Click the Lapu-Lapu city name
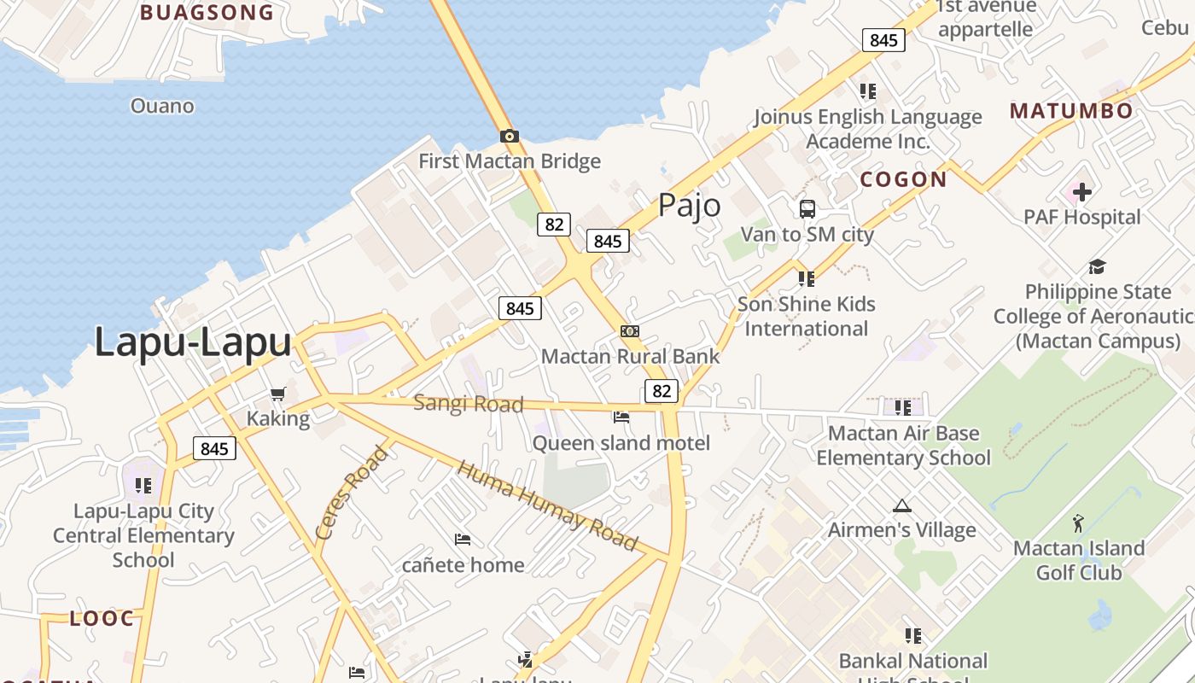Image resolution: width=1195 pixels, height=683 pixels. tap(193, 342)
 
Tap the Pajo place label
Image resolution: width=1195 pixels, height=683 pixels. tap(689, 206)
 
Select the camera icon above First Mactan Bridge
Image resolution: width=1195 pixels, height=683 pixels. tap(510, 136)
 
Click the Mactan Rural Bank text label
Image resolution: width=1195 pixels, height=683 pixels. tap(630, 357)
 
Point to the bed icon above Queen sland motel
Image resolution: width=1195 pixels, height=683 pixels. tap(621, 417)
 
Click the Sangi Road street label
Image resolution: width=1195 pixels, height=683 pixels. tap(468, 403)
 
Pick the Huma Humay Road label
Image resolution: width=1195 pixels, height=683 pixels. tap(547, 505)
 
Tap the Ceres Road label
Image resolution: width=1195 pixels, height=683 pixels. tap(351, 493)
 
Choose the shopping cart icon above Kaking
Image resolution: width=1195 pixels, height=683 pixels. tap(277, 394)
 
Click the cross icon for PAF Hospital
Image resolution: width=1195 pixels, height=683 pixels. tap(1082, 192)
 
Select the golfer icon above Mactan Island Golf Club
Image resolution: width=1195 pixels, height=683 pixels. tap(1079, 522)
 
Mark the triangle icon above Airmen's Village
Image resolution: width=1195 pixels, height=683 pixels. tap(902, 506)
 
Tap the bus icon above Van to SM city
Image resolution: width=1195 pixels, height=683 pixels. tap(807, 208)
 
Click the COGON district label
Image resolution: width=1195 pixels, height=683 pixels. tap(903, 179)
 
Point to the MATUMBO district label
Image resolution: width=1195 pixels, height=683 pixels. tap(1071, 111)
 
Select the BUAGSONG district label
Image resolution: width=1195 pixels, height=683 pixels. tap(207, 13)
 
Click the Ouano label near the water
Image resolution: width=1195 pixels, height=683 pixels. tap(162, 106)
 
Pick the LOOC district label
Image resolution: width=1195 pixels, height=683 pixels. tap(102, 618)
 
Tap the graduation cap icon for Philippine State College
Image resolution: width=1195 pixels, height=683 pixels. tap(1097, 267)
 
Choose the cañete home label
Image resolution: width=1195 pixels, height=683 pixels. tap(463, 564)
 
